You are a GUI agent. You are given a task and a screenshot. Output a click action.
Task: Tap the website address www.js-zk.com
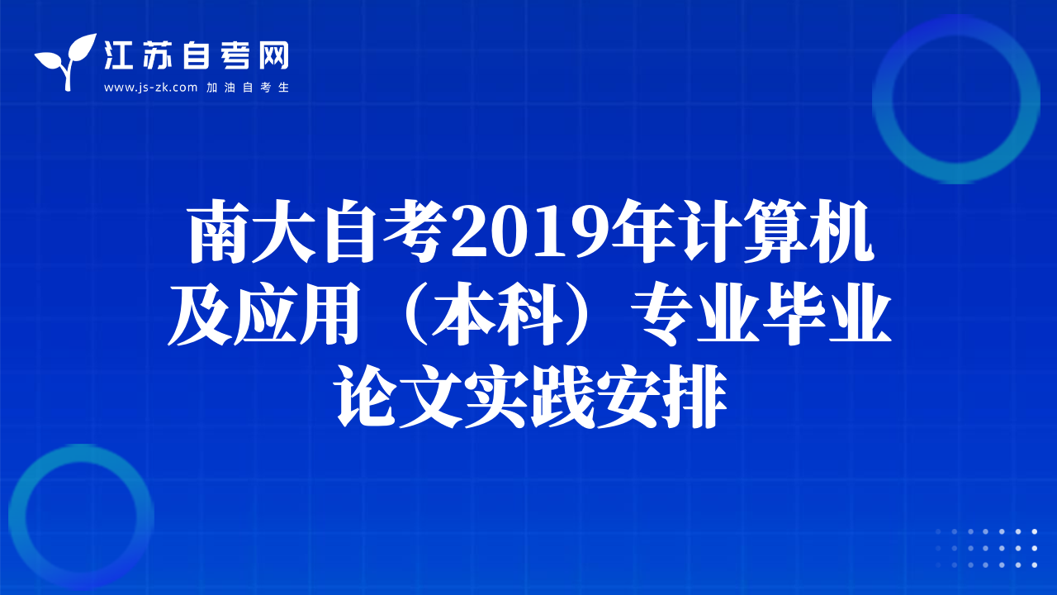click(150, 88)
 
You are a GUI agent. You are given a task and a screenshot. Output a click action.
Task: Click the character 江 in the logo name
click(117, 55)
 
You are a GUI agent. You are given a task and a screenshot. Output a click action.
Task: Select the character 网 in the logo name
click(274, 55)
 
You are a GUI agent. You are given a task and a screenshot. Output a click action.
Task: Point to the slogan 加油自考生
click(248, 88)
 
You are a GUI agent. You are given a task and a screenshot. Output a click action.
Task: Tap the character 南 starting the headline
click(219, 231)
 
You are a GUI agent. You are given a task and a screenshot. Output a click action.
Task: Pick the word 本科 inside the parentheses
click(498, 313)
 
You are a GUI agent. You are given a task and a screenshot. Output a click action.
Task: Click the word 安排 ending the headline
click(661, 397)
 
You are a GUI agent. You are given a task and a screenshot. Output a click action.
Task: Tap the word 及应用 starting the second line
click(264, 313)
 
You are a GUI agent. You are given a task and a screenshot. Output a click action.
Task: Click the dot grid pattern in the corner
click(986, 548)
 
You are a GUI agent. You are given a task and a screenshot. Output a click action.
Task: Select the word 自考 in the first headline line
click(383, 231)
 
